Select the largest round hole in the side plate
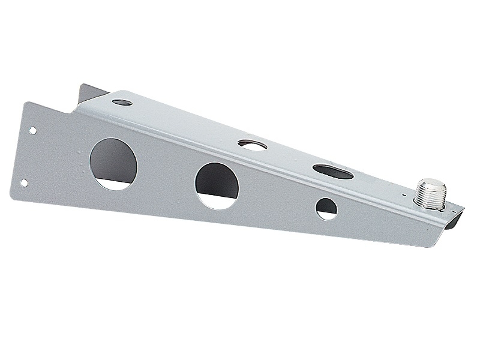[x=113, y=164]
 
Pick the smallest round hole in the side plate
[x=327, y=208]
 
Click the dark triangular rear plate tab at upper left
[x=90, y=94]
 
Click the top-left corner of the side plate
[x=25, y=102]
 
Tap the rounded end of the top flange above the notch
[x=112, y=95]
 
